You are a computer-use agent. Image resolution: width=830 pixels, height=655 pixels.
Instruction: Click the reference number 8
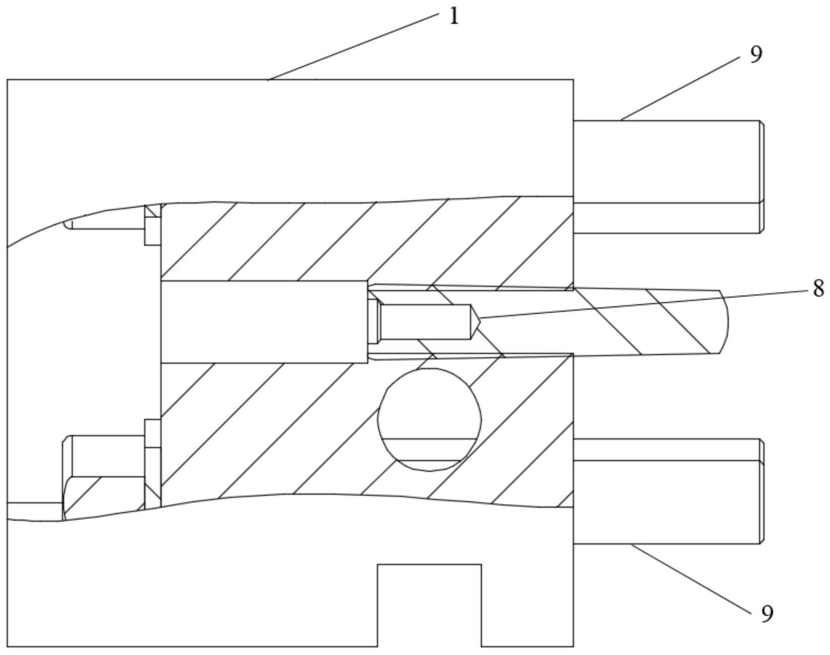click(818, 288)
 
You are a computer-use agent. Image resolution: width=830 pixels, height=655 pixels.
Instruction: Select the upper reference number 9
click(755, 55)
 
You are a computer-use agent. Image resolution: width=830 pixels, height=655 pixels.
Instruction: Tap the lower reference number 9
click(767, 614)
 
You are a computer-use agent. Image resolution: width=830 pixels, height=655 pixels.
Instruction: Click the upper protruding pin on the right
click(666, 176)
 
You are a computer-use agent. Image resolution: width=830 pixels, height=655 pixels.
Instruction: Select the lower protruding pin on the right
click(666, 491)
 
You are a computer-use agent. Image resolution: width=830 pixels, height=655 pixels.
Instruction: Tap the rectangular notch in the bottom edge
click(429, 604)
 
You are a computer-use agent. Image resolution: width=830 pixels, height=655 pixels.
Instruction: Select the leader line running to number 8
click(644, 303)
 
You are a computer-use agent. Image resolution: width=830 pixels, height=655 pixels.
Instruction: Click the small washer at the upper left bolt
click(152, 225)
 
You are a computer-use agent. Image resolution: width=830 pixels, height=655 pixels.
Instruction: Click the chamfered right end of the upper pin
click(762, 176)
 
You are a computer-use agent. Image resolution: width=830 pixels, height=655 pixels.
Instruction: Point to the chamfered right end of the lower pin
click(762, 491)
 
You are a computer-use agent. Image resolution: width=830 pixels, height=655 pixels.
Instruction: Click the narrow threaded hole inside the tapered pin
click(424, 322)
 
